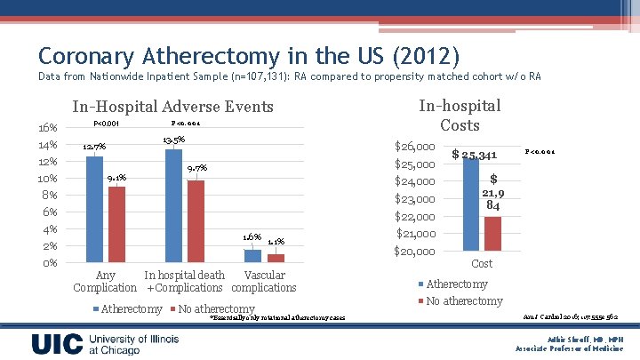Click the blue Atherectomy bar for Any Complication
94,209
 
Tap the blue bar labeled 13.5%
173,205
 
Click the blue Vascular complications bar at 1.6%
253,256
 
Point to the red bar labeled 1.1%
276,258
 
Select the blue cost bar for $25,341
470,204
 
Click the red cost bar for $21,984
492,233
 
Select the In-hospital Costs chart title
460,116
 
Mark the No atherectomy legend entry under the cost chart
463,301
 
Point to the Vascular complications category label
264,282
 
